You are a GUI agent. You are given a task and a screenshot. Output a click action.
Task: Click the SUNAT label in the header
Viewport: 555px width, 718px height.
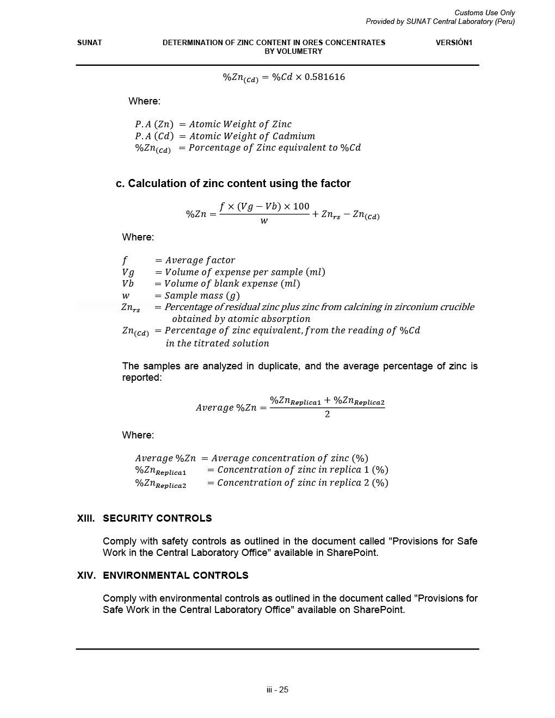coord(89,42)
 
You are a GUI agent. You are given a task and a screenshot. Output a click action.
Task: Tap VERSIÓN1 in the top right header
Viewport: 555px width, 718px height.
coord(454,42)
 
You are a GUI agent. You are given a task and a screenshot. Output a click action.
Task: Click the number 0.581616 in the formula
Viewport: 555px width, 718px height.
coord(325,77)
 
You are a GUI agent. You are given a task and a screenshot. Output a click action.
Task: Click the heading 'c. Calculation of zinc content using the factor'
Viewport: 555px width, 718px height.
coord(233,183)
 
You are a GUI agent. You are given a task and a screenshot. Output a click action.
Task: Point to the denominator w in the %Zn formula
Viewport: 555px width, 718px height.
coord(264,221)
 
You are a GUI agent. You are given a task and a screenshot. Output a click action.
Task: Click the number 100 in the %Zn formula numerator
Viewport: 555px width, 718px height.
coord(300,206)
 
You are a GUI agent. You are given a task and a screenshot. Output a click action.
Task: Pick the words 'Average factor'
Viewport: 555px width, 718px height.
coord(200,260)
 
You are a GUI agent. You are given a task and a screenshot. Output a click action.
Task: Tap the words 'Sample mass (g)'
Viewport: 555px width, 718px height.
coord(202,295)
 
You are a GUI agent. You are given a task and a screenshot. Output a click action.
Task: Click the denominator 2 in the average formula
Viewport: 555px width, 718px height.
coord(327,414)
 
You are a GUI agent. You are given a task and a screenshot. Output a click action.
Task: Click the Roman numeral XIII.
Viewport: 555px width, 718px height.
coord(86,518)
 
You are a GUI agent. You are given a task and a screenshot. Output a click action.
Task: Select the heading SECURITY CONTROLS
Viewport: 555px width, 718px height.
coord(157,518)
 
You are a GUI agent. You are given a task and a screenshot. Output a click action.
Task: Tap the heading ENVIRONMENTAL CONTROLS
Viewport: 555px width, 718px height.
coord(175,575)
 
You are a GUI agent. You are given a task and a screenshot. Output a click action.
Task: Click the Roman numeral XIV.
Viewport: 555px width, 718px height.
coord(87,575)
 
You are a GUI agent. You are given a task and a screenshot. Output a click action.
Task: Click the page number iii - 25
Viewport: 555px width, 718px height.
coord(277,690)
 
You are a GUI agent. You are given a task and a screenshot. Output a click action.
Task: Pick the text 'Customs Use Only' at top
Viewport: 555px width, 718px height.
coord(484,13)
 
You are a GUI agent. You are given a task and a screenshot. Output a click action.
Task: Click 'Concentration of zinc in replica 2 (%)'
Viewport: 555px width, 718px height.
coord(303,482)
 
